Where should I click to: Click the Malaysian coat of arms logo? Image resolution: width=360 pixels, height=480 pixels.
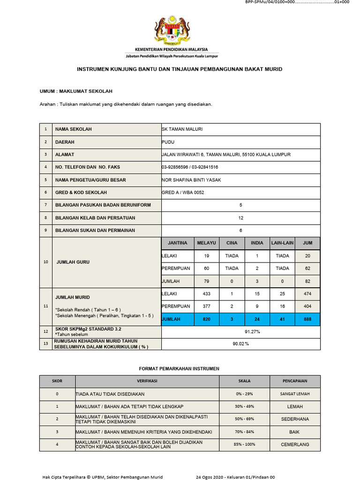pos(172,30)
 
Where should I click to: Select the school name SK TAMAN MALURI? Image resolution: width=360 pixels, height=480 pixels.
pos(182,129)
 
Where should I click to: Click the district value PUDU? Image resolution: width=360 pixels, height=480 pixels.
pos(168,142)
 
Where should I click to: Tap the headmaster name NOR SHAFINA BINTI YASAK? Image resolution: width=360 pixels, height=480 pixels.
pos(191,180)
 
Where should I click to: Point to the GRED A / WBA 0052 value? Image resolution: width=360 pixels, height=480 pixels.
pos(183,192)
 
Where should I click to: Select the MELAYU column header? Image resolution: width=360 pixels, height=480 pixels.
pos(207,243)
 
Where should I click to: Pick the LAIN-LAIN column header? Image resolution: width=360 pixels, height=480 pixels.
pos(282,243)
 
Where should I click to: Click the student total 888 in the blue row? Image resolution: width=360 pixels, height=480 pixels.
pos(307,319)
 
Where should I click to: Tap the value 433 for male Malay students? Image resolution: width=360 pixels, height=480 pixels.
pos(207,294)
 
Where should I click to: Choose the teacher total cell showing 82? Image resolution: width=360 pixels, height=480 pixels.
pos(307,281)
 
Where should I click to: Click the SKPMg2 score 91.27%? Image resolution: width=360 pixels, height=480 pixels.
pos(240,332)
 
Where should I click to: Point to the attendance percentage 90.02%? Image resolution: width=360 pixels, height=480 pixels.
pos(240,344)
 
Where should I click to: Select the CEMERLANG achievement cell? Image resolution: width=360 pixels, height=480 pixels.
pos(295,444)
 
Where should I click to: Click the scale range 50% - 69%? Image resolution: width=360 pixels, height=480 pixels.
pos(246,419)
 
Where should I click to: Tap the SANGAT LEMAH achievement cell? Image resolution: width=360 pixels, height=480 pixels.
pos(295,394)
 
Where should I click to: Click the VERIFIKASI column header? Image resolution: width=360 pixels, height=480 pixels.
pos(147,381)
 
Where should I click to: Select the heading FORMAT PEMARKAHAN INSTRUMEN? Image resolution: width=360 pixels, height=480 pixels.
pos(180,369)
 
